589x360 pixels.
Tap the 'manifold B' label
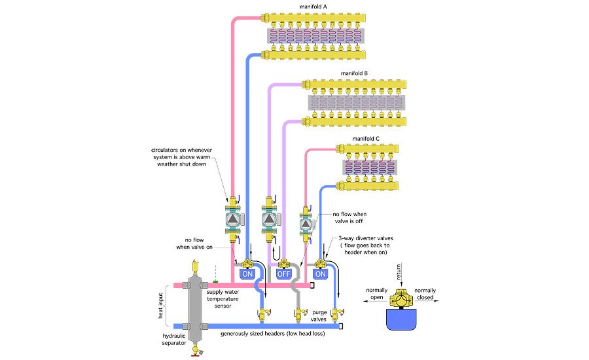[357, 73]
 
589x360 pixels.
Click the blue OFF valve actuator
[284, 274]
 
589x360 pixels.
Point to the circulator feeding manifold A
[233, 220]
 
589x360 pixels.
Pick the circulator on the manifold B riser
[269, 220]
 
